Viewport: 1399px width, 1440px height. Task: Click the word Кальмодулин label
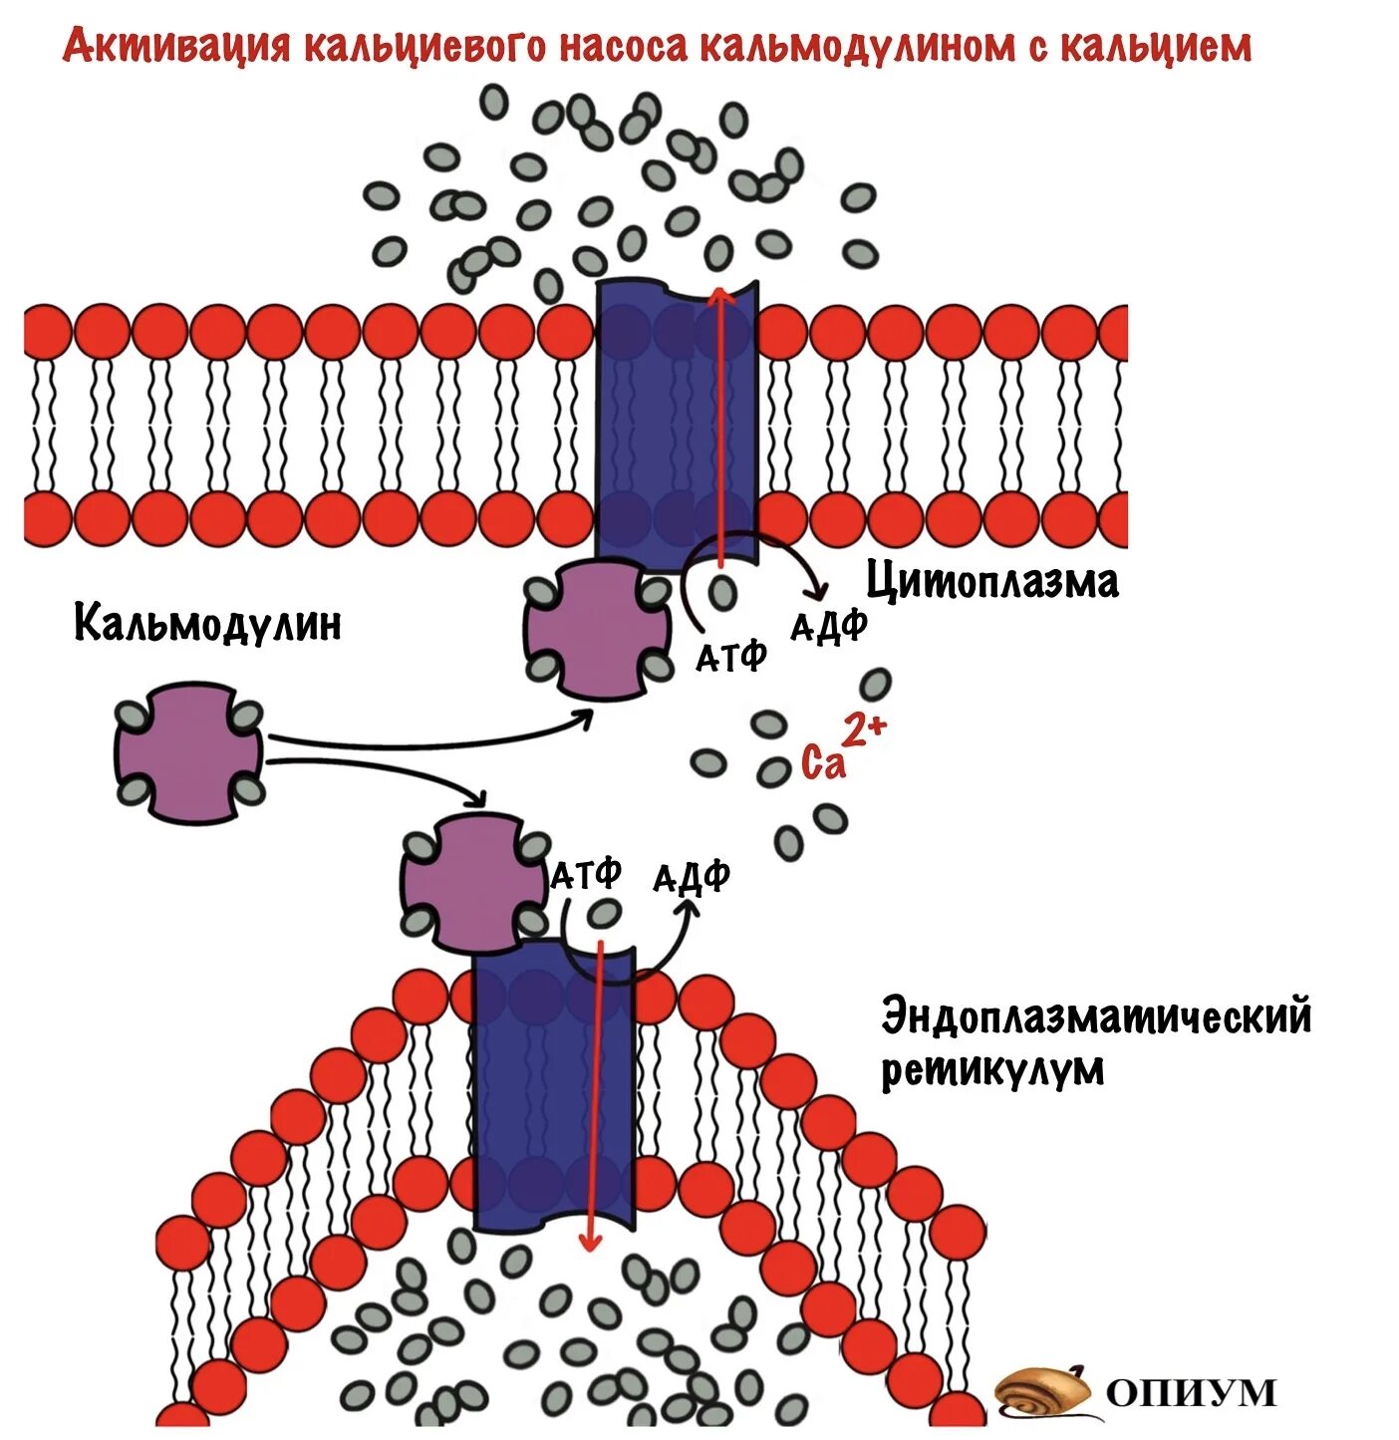(207, 624)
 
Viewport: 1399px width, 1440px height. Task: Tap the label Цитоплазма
(991, 582)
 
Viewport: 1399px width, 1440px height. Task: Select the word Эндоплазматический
(1096, 1017)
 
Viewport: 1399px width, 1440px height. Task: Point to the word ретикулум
(992, 1070)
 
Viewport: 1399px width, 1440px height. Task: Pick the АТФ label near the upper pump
(730, 656)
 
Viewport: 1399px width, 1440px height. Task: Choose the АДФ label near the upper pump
(828, 627)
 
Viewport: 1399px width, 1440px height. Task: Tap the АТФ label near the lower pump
(587, 874)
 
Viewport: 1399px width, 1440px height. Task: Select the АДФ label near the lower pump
(692, 877)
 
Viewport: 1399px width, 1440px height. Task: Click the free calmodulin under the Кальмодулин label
(188, 752)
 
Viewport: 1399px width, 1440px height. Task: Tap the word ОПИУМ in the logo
(1191, 1391)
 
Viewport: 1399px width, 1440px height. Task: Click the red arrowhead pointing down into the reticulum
(590, 1242)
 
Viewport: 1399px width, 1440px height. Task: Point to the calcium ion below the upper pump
(722, 593)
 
